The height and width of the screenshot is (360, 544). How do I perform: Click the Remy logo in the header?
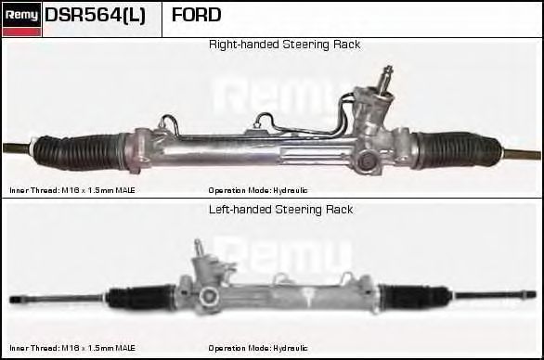21,15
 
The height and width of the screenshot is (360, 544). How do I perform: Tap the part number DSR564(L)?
95,15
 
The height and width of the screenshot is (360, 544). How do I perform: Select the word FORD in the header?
196,15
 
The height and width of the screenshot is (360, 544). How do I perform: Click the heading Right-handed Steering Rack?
284,45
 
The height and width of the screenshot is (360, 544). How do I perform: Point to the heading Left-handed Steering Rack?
280,210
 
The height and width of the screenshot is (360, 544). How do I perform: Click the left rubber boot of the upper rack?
78,151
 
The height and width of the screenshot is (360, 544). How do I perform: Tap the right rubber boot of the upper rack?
458,149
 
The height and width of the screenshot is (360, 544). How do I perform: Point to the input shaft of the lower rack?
199,248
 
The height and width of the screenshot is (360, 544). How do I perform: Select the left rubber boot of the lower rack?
141,297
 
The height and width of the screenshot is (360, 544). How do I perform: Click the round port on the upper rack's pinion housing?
366,161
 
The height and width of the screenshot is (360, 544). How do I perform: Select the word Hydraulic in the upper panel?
290,190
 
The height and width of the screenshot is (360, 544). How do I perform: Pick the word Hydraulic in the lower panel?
290,348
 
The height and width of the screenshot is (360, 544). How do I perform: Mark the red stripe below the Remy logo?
21,32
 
